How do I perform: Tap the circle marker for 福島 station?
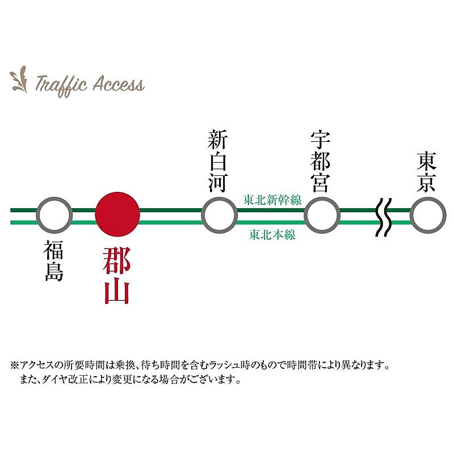pyautogui.click(x=54, y=215)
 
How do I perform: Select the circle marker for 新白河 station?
pyautogui.click(x=219, y=215)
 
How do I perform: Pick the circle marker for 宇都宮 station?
pyautogui.click(x=322, y=215)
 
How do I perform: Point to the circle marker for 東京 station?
pyautogui.click(x=427, y=215)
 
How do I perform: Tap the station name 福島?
pyautogui.click(x=54, y=261)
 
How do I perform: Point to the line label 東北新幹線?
pyautogui.click(x=272, y=200)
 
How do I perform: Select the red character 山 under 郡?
pyautogui.click(x=116, y=292)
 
